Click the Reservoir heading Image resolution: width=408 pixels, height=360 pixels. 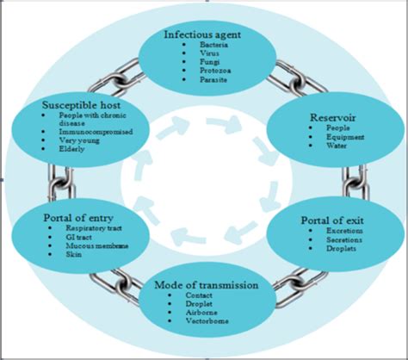pyautogui.click(x=319, y=116)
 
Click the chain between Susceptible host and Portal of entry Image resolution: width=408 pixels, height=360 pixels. pyautogui.click(x=59, y=182)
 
